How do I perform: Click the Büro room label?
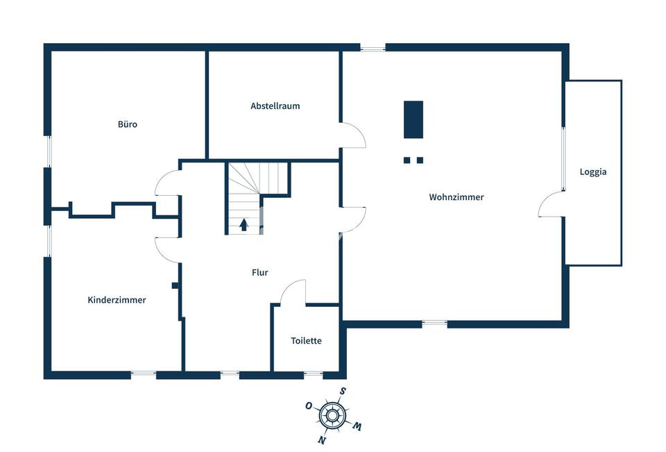[127, 125]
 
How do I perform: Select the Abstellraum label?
[275, 106]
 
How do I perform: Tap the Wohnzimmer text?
[456, 197]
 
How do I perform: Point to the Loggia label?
[593, 171]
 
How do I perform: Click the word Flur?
[259, 273]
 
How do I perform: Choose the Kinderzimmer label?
[117, 300]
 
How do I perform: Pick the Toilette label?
[306, 341]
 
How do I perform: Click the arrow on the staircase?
[244, 224]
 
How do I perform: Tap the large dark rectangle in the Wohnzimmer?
[413, 119]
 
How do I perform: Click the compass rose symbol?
[332, 415]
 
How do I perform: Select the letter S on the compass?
[342, 392]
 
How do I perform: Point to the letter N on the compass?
[322, 440]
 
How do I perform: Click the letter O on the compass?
[309, 405]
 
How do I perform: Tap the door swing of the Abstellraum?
[353, 135]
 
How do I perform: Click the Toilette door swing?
[293, 292]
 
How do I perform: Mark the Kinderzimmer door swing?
[167, 249]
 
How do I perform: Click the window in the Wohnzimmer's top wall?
[373, 48]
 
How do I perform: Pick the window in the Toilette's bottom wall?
[313, 375]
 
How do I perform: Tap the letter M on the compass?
[357, 426]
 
